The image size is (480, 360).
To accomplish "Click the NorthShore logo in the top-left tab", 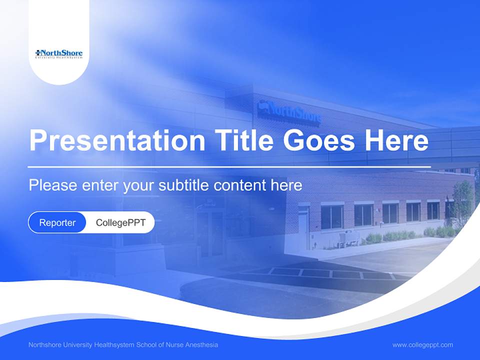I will [x=59, y=53].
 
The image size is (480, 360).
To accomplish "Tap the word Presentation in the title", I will [x=117, y=141].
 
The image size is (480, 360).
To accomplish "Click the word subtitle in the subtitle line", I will [x=184, y=185].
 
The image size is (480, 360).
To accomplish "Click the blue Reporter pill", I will [x=57, y=222].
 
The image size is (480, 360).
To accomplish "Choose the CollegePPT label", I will [x=120, y=222].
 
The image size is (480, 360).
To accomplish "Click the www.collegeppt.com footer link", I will [x=422, y=345].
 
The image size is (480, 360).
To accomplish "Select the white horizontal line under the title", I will [x=229, y=166].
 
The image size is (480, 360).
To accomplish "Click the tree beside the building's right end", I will [x=462, y=200].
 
